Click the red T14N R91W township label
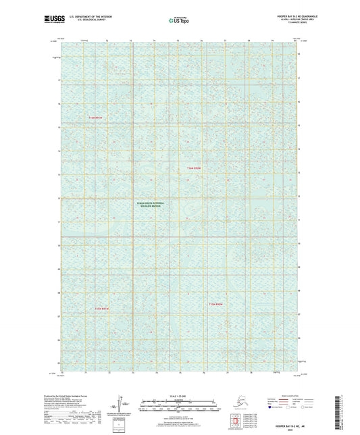pyautogui.click(x=98, y=118)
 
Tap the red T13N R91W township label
pyautogui.click(x=98, y=309)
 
